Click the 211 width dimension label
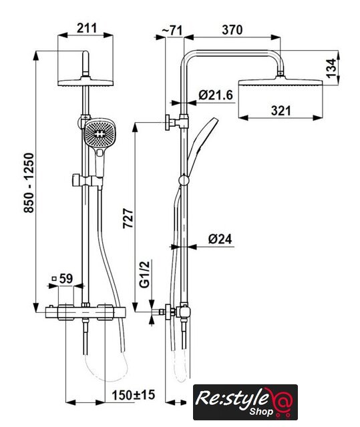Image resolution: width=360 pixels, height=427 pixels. click(x=87, y=28)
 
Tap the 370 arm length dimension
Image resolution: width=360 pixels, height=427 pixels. click(x=232, y=29)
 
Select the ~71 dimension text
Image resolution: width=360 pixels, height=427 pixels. click(x=172, y=30)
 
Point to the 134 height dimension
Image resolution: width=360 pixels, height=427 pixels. click(x=331, y=68)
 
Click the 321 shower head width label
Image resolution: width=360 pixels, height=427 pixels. click(x=281, y=111)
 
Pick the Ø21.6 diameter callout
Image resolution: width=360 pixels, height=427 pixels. click(x=216, y=95)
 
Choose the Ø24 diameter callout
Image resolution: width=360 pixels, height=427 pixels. click(x=220, y=239)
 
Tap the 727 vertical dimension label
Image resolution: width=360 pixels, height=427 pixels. click(x=128, y=218)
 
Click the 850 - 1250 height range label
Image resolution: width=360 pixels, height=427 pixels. click(x=29, y=183)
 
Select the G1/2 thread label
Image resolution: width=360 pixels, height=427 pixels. click(x=145, y=274)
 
